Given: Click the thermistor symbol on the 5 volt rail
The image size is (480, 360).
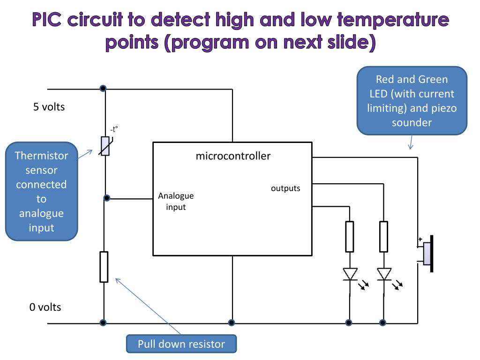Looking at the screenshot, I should pyautogui.click(x=105, y=146).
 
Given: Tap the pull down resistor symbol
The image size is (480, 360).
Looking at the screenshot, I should pyautogui.click(x=104, y=267).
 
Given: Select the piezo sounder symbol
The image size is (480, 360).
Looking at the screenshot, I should pyautogui.click(x=428, y=253).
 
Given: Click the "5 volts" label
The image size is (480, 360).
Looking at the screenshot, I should pyautogui.click(x=49, y=107).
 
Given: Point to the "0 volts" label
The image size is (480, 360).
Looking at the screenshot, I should pyautogui.click(x=45, y=307).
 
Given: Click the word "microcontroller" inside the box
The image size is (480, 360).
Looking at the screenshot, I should pyautogui.click(x=233, y=156).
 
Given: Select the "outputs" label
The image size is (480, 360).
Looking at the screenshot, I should pyautogui.click(x=285, y=188).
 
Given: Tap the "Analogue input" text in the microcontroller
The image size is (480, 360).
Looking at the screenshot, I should pyautogui.click(x=176, y=201).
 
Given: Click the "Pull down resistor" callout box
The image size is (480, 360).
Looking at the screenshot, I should pyautogui.click(x=181, y=344).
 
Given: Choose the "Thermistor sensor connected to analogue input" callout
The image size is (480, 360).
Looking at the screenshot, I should pyautogui.click(x=41, y=191).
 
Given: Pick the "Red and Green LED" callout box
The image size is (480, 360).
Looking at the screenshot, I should pyautogui.click(x=412, y=101).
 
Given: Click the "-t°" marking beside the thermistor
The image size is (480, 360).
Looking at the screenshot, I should pyautogui.click(x=113, y=129).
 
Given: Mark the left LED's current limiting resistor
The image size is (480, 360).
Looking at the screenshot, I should pyautogui.click(x=350, y=236).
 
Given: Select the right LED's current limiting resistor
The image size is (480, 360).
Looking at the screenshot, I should pyautogui.click(x=383, y=236).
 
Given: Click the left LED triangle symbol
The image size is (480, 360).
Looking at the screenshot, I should pyautogui.click(x=350, y=274).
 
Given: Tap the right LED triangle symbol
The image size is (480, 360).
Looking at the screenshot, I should pyautogui.click(x=384, y=274).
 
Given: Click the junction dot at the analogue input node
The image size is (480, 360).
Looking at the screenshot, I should pyautogui.click(x=107, y=198).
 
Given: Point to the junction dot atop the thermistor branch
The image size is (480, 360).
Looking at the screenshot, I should pyautogui.click(x=103, y=88).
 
